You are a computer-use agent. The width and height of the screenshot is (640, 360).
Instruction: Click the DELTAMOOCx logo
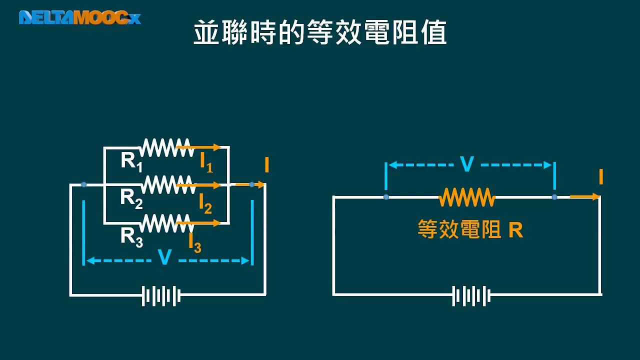pos(80,17)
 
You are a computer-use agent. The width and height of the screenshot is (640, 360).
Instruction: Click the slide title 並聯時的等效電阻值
pos(320,33)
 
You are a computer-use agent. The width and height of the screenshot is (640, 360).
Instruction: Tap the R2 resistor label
pos(131,198)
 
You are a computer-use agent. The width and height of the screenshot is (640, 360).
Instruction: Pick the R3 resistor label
pos(131,236)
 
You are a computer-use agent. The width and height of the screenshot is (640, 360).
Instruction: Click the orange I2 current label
pos(205,202)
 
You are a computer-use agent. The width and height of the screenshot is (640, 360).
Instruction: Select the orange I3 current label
pos(194,242)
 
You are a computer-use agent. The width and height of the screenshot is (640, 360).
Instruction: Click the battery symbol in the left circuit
pos(161,295)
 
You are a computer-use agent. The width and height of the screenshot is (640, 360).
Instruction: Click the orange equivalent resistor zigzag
pos(467,197)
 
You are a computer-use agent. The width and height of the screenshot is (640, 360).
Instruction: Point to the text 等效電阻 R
pos(470,230)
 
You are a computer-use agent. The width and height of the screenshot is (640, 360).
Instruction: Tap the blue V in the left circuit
pos(164,257)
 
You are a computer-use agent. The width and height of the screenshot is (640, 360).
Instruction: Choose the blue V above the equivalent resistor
pos(466,164)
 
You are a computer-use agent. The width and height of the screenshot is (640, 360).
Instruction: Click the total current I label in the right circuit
pos(600,177)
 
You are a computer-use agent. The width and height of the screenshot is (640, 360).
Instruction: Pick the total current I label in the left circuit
pos(267,165)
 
